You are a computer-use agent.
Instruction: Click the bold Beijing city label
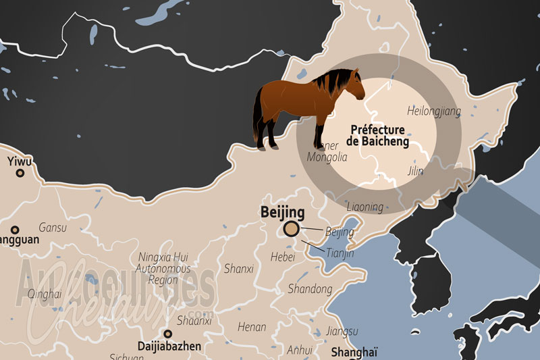tap(282, 212)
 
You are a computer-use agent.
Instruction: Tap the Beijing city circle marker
tap(292, 229)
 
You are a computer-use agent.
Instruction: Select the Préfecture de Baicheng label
tap(377, 135)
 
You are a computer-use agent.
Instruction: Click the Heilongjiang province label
tap(434, 111)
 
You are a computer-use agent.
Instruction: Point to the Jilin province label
tap(416, 172)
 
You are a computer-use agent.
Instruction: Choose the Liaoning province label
tap(364, 207)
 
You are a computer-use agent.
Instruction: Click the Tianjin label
tap(340, 253)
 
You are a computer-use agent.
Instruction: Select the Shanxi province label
tap(238, 269)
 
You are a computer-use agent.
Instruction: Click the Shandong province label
tap(310, 289)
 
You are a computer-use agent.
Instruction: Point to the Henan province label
tap(252, 327)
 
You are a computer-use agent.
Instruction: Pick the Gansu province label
tap(53, 228)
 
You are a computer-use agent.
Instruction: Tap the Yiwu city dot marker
tap(20, 173)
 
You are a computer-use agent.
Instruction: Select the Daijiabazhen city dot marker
tap(167, 334)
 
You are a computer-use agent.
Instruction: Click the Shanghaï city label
tap(354, 351)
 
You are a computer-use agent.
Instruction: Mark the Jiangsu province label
tap(341, 331)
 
